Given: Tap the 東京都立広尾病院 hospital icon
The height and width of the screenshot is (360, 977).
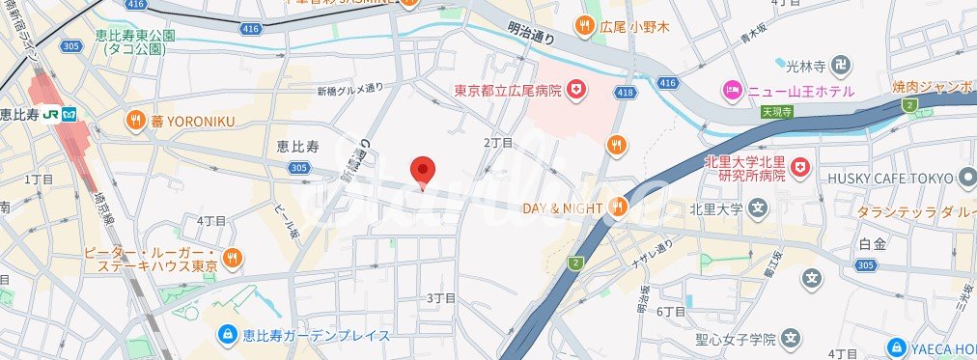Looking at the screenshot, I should click(x=577, y=90).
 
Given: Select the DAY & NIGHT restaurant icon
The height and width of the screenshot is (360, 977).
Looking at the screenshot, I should click(x=619, y=208).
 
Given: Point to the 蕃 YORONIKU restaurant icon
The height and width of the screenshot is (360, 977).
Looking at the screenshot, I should click(x=135, y=121).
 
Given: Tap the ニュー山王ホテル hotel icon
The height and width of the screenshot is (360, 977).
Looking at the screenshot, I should click(x=732, y=91).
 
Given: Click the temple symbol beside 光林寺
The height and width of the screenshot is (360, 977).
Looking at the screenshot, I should click(x=841, y=66).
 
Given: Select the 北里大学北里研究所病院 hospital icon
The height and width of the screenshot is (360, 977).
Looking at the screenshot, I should click(x=798, y=169).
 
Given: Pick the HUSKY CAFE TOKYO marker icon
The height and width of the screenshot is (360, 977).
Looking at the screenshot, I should click(x=967, y=178).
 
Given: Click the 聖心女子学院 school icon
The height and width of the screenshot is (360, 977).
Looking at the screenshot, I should click(x=792, y=339).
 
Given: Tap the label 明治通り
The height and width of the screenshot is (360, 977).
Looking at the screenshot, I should click(x=531, y=36).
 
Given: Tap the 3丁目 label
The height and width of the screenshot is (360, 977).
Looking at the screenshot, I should click(x=440, y=298).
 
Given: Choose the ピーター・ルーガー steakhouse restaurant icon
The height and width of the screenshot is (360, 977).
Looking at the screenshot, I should click(x=232, y=257).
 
